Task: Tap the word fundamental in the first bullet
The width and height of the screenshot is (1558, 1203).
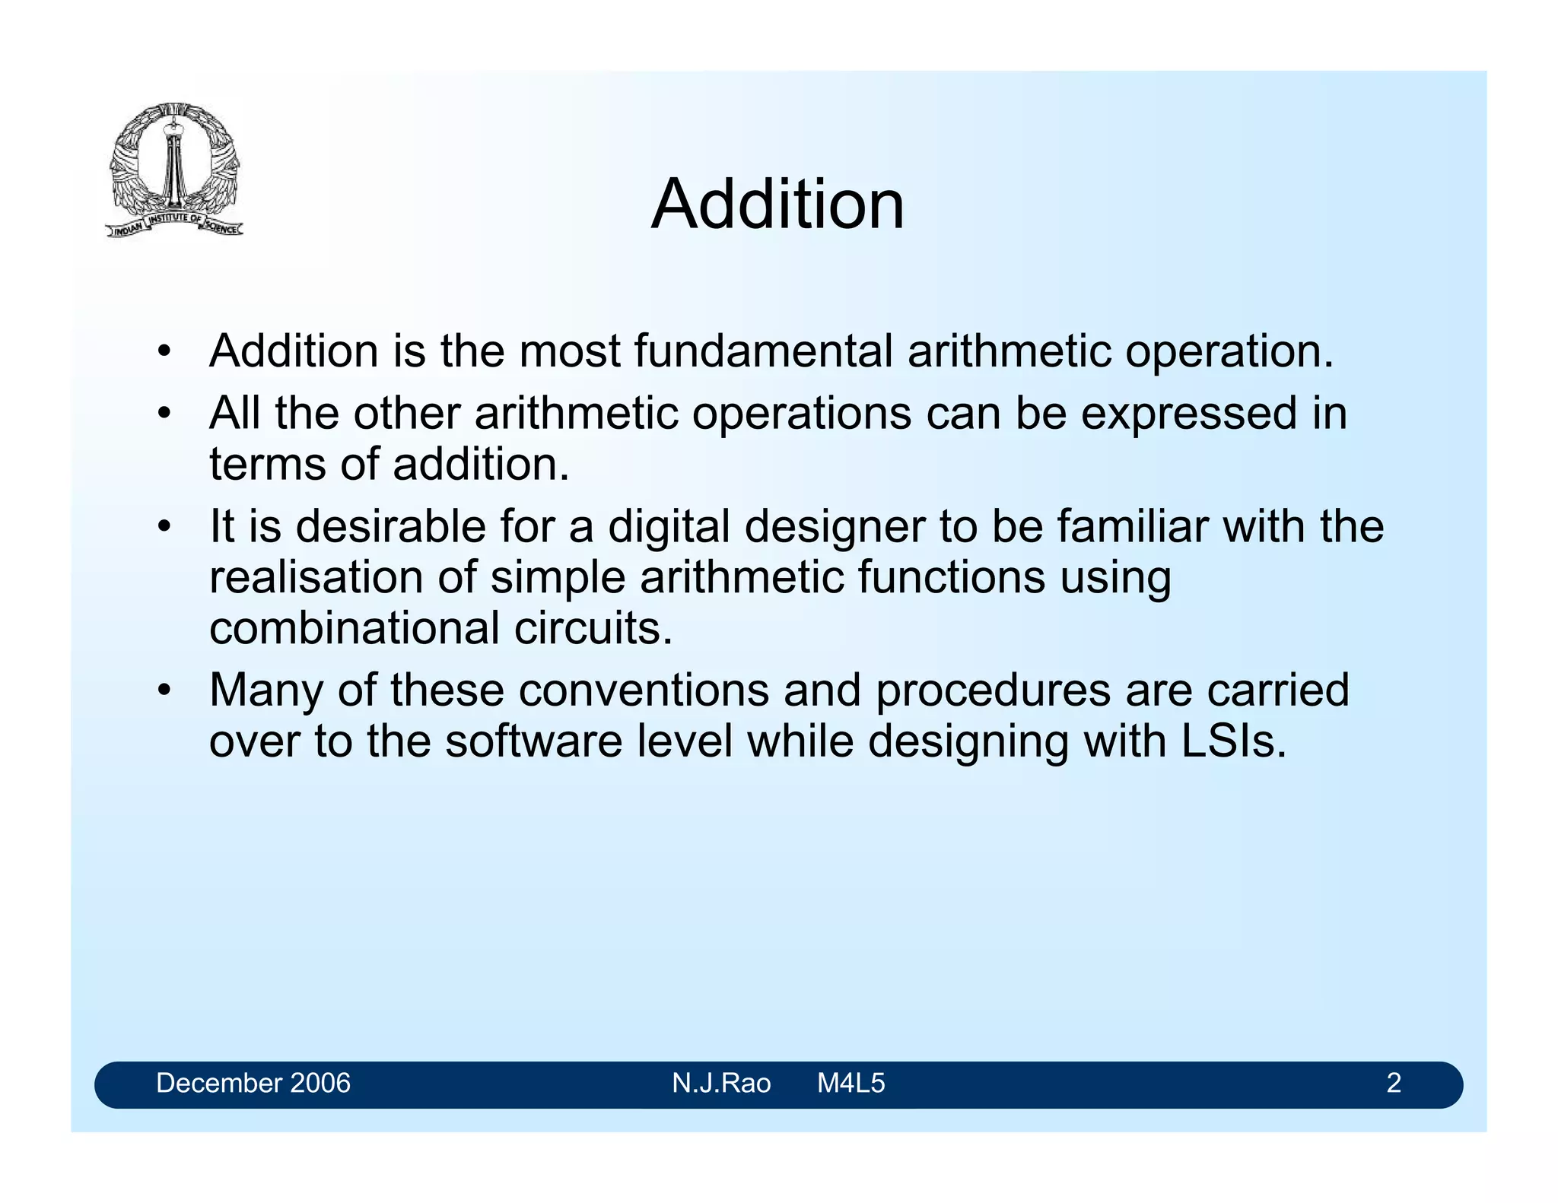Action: pyautogui.click(x=763, y=351)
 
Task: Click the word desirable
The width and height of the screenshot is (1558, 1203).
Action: pyautogui.click(x=390, y=526)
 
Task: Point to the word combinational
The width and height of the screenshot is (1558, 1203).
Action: pyautogui.click(x=355, y=628)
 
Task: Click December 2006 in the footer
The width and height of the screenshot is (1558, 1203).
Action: pyautogui.click(x=253, y=1083)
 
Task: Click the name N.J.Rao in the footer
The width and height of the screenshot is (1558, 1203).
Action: pyautogui.click(x=721, y=1083)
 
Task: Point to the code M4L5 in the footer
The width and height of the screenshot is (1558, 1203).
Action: pyautogui.click(x=851, y=1083)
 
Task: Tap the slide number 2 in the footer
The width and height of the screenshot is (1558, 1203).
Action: pyautogui.click(x=1394, y=1083)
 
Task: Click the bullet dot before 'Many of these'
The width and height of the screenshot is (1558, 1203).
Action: pyautogui.click(x=163, y=691)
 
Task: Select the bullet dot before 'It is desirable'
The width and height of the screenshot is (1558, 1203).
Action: pyautogui.click(x=163, y=528)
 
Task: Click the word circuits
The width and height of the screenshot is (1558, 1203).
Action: pyautogui.click(x=593, y=628)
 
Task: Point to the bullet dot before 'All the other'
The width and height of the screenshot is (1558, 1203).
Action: pyautogui.click(x=163, y=415)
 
